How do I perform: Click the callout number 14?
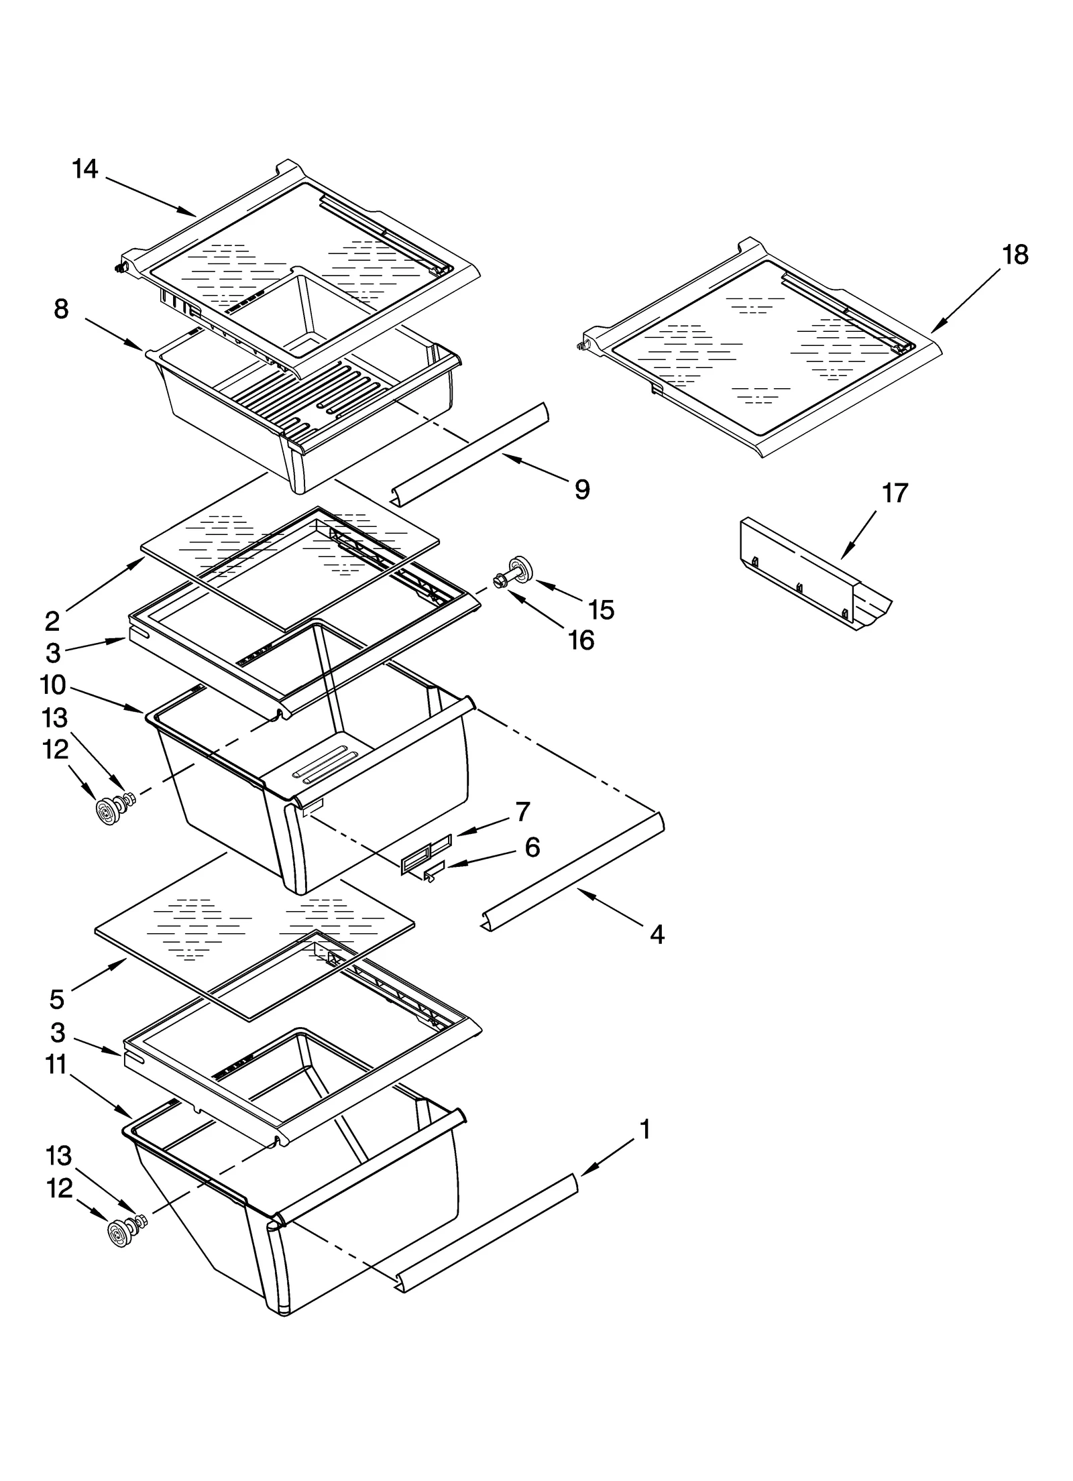tap(85, 169)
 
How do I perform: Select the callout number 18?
tap(1015, 255)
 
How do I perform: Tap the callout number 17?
tap(894, 493)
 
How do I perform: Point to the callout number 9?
tap(582, 489)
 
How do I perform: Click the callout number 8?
tap(61, 309)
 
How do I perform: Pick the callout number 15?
tap(601, 609)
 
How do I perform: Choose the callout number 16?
tap(581, 641)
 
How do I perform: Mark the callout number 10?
tap(53, 685)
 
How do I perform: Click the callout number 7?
tap(522, 811)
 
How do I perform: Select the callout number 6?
tap(532, 847)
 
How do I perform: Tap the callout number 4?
tap(657, 934)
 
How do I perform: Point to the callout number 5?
tap(57, 1000)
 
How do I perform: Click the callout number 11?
tap(57, 1065)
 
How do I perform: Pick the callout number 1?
tap(644, 1130)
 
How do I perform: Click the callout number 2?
tap(52, 621)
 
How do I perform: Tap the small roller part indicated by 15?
tap(520, 567)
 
